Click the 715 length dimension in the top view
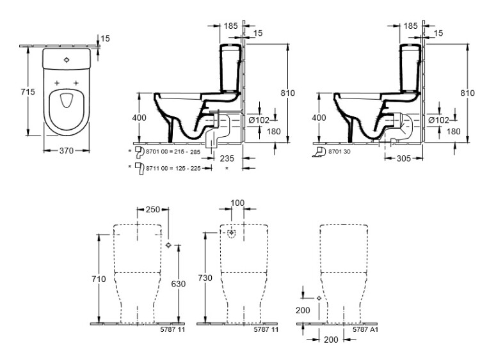tap(28, 91)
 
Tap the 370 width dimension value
tap(67, 150)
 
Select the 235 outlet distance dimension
tap(227, 158)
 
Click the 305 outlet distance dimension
tap(404, 158)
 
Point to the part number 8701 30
tap(339, 152)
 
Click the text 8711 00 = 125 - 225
tap(173, 168)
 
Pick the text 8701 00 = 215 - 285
tap(173, 152)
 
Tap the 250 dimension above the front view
tap(153, 209)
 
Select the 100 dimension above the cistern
tap(237, 203)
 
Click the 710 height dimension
tap(99, 279)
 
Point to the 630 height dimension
tap(178, 284)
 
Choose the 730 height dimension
tap(205, 278)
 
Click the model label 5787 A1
tap(365, 329)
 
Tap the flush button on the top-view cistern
tap(67, 59)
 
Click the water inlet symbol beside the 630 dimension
tap(168, 245)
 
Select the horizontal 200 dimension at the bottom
tap(331, 339)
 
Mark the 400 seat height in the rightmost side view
tap(319, 118)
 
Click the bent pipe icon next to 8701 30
tap(319, 152)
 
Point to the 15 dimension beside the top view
tap(105, 38)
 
